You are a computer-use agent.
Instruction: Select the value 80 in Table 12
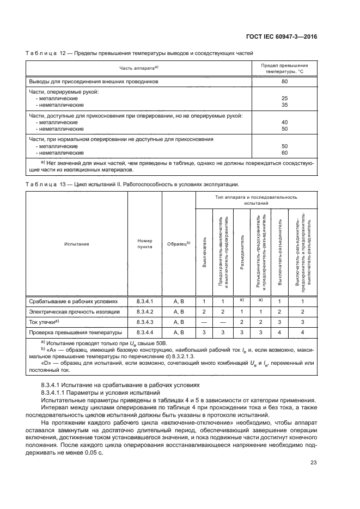(x=284, y=81)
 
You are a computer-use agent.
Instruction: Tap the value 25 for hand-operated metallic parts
(x=284, y=99)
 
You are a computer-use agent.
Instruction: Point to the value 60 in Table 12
(x=284, y=152)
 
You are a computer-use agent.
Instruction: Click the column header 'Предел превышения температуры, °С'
(x=284, y=68)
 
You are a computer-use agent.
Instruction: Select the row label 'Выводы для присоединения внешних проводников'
(x=93, y=81)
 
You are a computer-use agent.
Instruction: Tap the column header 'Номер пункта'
(x=145, y=243)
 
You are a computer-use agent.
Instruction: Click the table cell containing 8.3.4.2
(x=145, y=311)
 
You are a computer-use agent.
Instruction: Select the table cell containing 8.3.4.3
(x=145, y=322)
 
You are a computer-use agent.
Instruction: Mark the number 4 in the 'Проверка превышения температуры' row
(x=279, y=332)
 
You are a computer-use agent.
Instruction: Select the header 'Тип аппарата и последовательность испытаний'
(x=254, y=199)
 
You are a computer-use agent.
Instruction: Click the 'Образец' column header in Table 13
(x=178, y=243)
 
